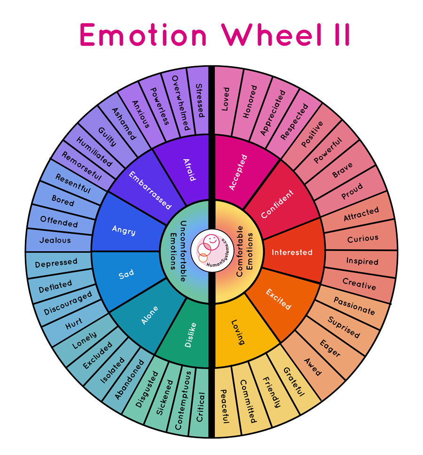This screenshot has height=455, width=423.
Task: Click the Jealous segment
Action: (55, 240)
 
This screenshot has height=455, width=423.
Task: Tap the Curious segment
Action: (362, 239)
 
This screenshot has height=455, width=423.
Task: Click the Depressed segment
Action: (56, 262)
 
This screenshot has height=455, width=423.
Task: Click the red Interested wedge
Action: (292, 252)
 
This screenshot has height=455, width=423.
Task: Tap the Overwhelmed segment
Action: (179, 103)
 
